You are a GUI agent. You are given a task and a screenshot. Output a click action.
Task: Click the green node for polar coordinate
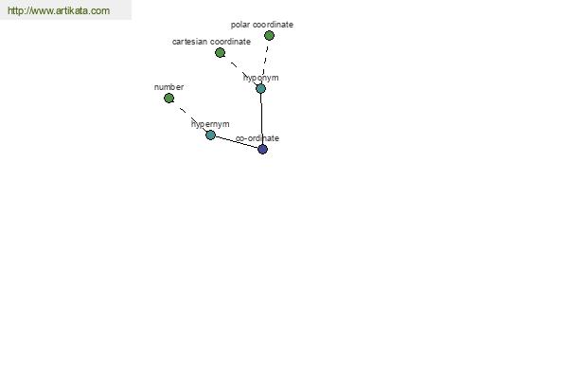269,36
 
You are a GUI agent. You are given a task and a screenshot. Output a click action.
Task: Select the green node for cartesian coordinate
220,53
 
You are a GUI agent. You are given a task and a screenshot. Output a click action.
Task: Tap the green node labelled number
169,98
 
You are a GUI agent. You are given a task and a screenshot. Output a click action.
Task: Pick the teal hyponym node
261,88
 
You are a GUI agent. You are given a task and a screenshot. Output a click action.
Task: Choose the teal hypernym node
210,135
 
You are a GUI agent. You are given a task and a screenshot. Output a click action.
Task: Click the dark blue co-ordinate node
262,149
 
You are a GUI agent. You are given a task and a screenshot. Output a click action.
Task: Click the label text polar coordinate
262,25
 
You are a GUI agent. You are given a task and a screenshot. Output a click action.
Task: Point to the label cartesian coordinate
211,42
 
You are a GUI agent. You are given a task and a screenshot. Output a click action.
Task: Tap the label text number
169,87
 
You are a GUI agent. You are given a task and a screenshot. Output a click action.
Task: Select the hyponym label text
261,78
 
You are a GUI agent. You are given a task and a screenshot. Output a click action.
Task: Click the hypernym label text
210,124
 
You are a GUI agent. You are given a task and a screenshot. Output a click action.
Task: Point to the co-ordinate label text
257,138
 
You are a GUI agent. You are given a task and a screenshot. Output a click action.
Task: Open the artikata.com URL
59,10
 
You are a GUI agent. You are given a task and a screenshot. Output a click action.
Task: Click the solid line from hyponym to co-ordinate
261,118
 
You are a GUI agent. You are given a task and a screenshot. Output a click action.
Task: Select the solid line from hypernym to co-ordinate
237,142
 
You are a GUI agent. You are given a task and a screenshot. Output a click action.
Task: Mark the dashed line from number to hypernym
189,117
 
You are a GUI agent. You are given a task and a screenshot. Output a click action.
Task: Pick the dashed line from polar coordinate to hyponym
265,62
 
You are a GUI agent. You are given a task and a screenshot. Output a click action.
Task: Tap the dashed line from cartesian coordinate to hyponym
240,70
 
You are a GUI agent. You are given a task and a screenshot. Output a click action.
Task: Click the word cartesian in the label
190,42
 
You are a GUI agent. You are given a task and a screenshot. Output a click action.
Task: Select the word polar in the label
240,25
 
